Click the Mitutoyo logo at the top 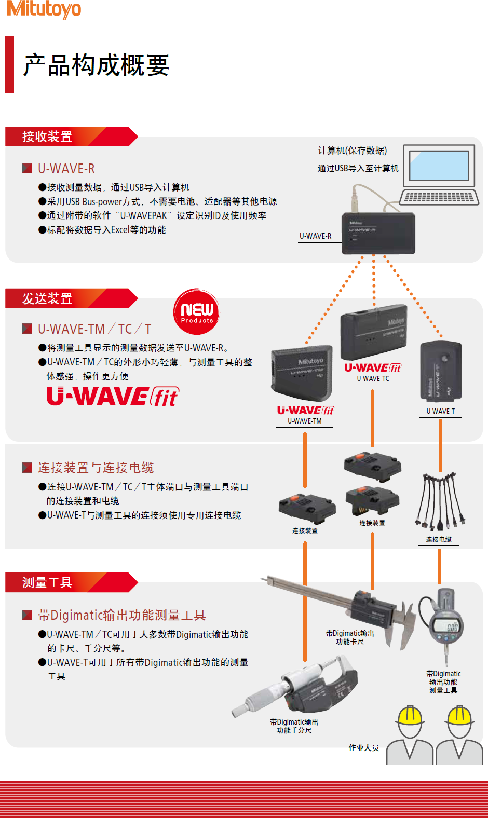(x=44, y=9)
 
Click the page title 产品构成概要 (x=96, y=65)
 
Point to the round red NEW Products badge (x=196, y=311)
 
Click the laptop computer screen (x=439, y=166)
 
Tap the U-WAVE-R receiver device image (x=378, y=233)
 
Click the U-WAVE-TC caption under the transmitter (x=373, y=379)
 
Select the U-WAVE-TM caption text (x=305, y=421)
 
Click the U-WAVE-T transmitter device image (x=441, y=371)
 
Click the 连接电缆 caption (x=439, y=540)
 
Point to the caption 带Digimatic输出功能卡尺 (x=350, y=638)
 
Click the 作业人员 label (x=364, y=748)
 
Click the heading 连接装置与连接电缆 (x=96, y=468)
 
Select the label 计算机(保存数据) (x=353, y=151)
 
